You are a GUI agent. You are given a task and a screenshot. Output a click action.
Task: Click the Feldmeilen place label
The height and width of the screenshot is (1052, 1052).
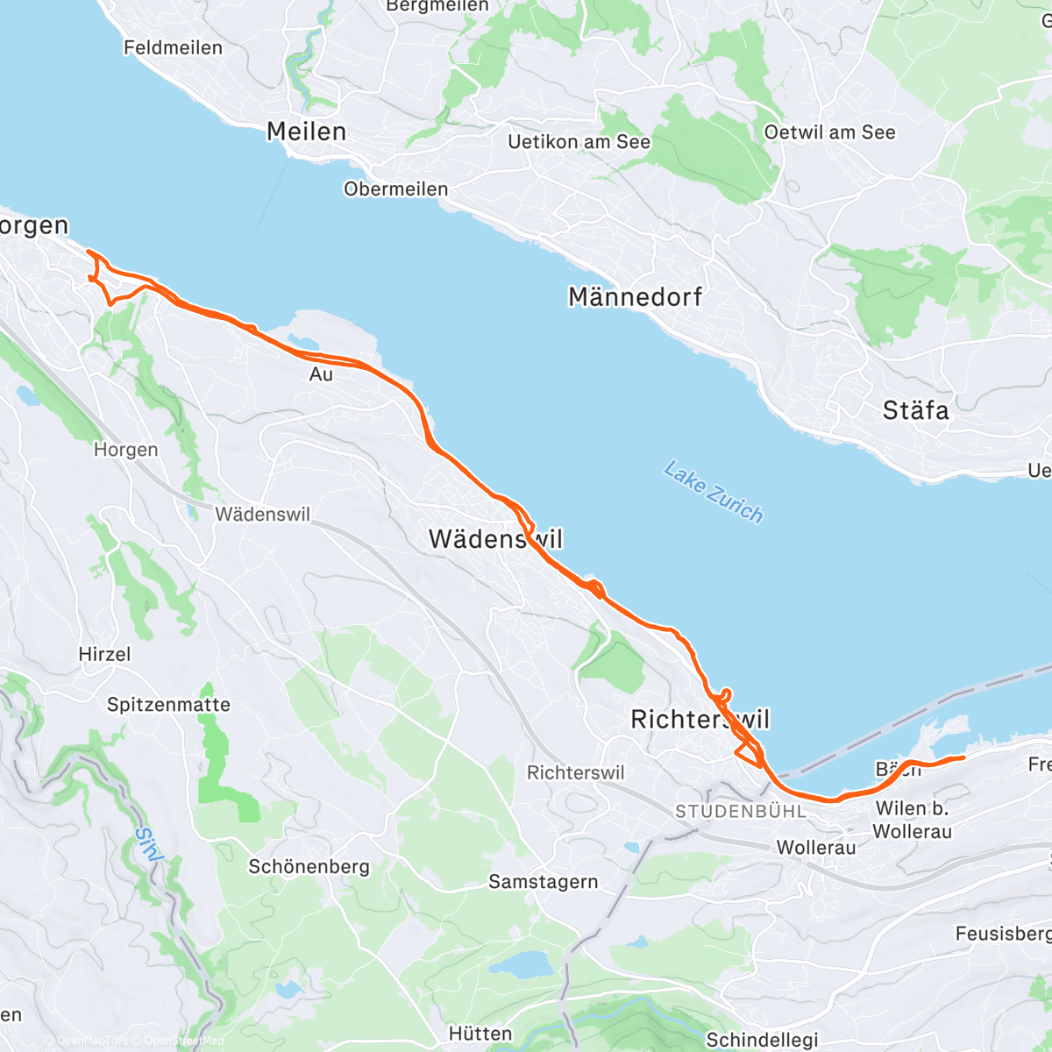tap(173, 47)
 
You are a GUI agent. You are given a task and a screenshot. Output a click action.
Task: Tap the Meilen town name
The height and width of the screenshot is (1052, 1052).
tap(306, 131)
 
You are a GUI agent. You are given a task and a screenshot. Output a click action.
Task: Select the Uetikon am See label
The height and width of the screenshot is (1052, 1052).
tap(579, 142)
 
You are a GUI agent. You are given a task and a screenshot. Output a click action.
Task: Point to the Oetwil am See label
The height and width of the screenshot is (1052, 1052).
tap(829, 132)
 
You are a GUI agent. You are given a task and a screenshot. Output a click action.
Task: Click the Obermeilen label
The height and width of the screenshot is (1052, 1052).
tap(395, 189)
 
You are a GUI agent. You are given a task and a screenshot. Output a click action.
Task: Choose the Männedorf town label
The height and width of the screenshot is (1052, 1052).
tap(635, 297)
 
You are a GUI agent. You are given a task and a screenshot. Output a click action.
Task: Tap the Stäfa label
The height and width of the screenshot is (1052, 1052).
tap(915, 410)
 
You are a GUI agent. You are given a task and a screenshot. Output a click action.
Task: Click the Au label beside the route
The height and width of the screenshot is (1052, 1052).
tap(321, 374)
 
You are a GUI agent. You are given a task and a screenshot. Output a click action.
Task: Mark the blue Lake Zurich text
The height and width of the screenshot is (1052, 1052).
tap(714, 492)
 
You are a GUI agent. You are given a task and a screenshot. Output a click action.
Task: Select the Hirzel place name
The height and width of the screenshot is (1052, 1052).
tap(104, 655)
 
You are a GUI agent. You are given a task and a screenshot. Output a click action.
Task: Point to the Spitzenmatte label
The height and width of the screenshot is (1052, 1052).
tap(168, 705)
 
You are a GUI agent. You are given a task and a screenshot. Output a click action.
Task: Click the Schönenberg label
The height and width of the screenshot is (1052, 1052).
tap(309, 867)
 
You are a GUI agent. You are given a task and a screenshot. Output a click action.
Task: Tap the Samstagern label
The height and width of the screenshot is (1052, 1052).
tap(543, 882)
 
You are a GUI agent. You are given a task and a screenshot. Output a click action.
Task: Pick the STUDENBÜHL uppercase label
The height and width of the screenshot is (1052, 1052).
tap(740, 812)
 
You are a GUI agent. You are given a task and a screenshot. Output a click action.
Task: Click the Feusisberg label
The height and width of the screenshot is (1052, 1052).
tap(1002, 935)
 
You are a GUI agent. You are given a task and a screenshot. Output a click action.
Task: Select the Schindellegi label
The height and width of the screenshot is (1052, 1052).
tap(762, 1040)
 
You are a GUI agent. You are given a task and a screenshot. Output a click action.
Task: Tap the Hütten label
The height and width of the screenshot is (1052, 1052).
tap(480, 1034)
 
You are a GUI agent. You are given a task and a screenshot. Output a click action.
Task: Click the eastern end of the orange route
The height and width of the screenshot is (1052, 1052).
tap(963, 757)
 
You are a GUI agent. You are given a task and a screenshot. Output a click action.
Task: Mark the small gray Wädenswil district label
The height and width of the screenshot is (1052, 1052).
tap(262, 515)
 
